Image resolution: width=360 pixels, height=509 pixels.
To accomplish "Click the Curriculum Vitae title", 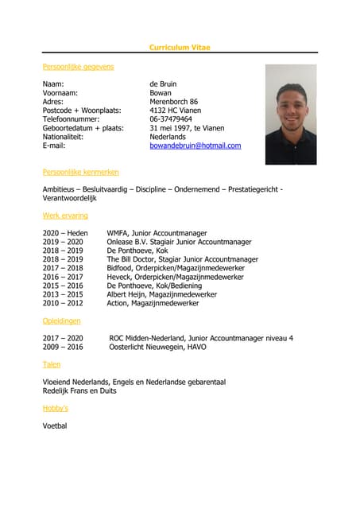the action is coord(180,48).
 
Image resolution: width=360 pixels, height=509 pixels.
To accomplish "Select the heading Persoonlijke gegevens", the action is coord(78,67).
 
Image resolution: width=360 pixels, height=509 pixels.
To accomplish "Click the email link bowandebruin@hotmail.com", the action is coord(195,146).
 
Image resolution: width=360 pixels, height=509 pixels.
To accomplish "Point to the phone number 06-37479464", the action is coord(171,119).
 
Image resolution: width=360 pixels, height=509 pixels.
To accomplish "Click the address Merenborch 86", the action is coord(173,101).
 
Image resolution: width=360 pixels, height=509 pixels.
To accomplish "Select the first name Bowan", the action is coord(161,92).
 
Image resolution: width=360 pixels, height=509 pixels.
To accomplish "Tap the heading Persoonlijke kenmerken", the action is coord(80,172).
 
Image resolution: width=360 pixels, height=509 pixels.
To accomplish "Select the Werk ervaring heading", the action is coord(65,216).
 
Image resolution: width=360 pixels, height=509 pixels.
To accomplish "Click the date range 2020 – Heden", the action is coord(65,233).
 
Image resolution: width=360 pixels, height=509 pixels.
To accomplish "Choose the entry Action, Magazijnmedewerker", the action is coord(153,303).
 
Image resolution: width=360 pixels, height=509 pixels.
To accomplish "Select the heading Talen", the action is coord(51,364).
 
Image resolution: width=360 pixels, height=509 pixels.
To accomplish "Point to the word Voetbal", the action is coord(55,425).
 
